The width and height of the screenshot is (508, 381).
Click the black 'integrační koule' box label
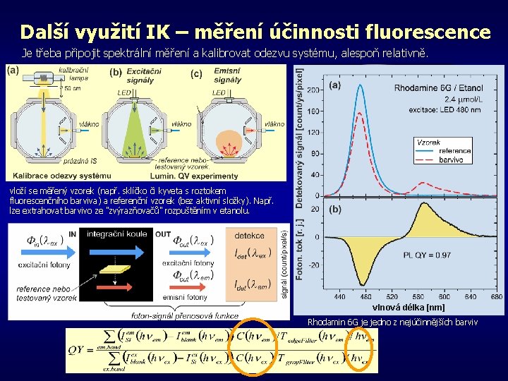[x=117, y=234]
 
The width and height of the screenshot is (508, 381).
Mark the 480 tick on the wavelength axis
[x=363, y=297]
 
